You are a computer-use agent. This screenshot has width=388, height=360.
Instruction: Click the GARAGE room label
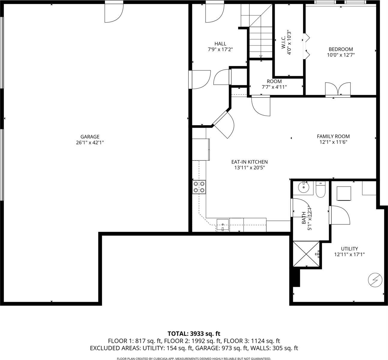point(90,137)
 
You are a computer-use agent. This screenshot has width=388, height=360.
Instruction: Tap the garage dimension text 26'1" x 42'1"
point(90,143)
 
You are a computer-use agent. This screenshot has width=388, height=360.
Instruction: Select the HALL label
point(220,44)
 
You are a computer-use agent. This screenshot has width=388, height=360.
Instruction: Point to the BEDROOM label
point(341,49)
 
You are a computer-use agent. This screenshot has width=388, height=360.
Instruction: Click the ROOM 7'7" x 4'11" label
point(274,84)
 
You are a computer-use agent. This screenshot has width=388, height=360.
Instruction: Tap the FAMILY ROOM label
point(333,136)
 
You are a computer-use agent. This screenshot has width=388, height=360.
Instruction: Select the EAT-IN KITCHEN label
point(249,162)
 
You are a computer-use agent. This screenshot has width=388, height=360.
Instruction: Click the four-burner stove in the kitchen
point(199,187)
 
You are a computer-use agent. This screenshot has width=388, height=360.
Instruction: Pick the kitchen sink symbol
point(222,225)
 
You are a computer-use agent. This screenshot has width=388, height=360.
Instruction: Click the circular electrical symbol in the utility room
point(375,280)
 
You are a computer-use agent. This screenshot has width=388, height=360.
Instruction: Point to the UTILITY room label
point(349,249)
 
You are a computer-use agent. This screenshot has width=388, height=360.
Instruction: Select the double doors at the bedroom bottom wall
point(338,89)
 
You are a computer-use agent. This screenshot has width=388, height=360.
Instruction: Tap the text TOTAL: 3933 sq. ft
point(194,334)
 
